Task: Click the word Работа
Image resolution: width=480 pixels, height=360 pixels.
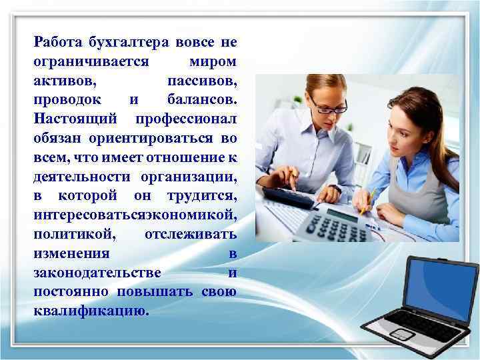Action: coord(57,43)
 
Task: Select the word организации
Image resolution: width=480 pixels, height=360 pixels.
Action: coord(189,178)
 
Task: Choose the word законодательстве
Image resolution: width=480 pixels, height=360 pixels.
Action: coord(96,274)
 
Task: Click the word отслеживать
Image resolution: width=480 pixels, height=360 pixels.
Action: coord(190,236)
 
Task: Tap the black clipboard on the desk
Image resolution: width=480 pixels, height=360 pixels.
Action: coord(287,195)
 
